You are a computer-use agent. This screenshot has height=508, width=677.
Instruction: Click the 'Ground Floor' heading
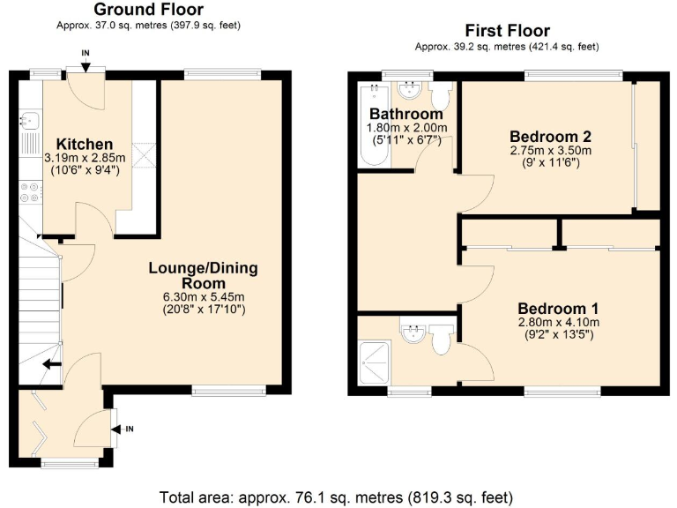point(149,9)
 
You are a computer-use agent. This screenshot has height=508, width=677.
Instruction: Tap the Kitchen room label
point(85,144)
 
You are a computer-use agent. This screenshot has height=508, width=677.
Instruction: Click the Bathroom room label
point(405,115)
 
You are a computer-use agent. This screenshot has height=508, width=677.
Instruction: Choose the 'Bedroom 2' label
point(550,137)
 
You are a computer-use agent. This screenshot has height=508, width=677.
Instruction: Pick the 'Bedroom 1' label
point(558,309)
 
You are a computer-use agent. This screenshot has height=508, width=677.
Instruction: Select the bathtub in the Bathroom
point(368,128)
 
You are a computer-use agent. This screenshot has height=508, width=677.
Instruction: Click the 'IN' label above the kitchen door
point(86,54)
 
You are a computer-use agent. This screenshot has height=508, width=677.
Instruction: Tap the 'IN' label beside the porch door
point(129,429)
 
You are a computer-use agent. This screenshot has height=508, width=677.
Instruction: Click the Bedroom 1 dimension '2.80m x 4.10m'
point(558,323)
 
